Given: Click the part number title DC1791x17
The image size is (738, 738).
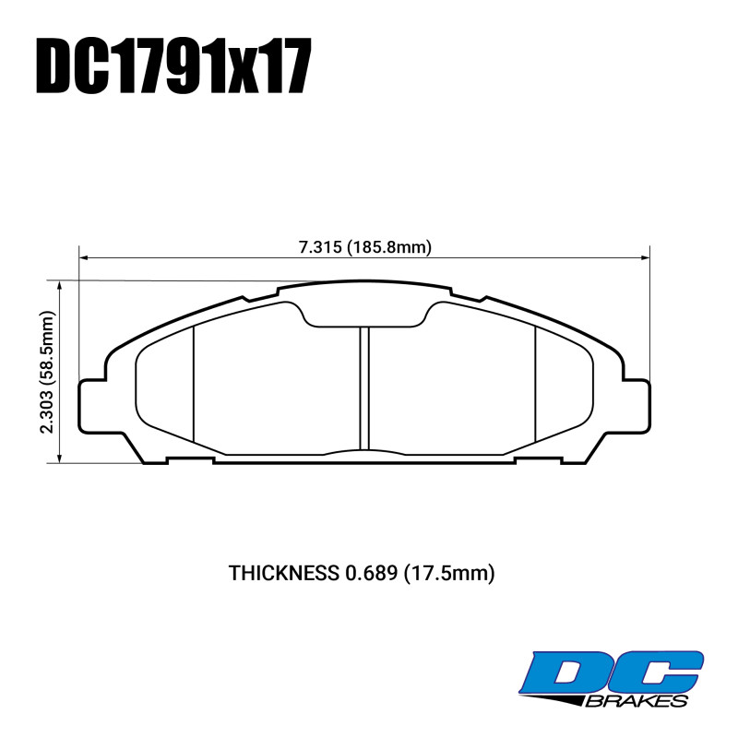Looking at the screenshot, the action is (x=173, y=65).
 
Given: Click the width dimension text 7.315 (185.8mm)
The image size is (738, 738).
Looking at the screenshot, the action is (x=365, y=247).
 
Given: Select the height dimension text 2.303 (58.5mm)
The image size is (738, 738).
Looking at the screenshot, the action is (x=48, y=372).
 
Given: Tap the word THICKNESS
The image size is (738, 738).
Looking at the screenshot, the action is (x=284, y=573).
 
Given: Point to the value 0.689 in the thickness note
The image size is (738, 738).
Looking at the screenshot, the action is (x=372, y=573).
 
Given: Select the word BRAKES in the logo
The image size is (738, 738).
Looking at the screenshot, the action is (x=637, y=701).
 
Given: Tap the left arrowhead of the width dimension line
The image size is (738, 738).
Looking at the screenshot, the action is (x=84, y=257).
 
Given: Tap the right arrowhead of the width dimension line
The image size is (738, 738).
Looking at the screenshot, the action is (x=645, y=257).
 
